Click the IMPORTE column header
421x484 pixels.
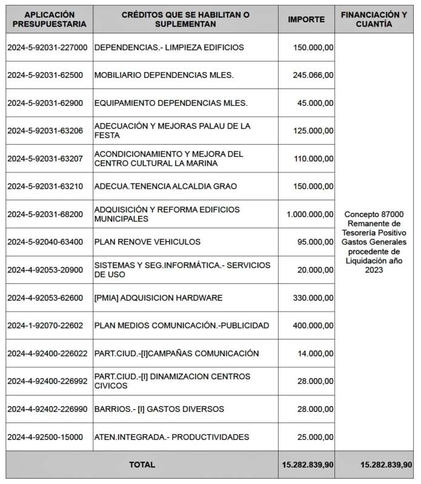(x=306, y=19)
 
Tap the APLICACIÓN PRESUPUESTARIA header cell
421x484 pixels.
(x=47, y=19)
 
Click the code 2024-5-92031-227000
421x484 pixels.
(x=47, y=47)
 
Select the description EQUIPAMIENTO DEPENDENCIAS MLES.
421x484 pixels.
(x=171, y=103)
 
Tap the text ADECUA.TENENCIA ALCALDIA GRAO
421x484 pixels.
(x=165, y=186)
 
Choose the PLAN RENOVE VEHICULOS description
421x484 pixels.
(x=147, y=242)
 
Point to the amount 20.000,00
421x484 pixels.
(x=315, y=270)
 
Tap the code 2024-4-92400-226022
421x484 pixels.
(x=47, y=353)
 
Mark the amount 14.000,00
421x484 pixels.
(x=315, y=353)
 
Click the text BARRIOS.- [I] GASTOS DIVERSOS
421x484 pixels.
(x=159, y=409)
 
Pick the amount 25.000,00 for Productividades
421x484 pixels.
(x=315, y=437)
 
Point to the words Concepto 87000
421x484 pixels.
(x=374, y=215)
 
